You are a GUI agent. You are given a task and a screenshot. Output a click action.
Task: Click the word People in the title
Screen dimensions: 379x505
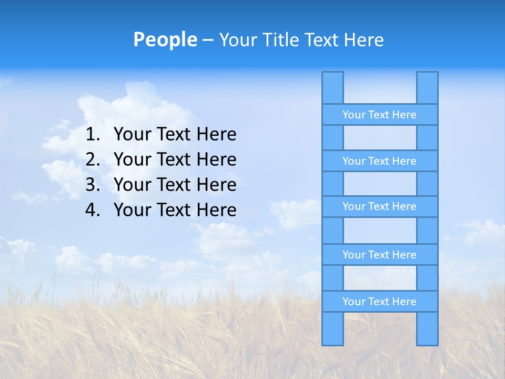(x=165, y=39)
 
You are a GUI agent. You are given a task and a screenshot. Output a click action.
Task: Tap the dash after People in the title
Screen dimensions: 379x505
(x=208, y=40)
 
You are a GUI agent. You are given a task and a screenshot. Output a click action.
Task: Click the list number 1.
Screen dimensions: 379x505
(x=92, y=135)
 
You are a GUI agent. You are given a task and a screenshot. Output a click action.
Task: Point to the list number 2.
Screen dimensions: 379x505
(x=92, y=159)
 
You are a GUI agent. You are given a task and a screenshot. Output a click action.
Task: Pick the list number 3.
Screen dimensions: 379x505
(x=92, y=185)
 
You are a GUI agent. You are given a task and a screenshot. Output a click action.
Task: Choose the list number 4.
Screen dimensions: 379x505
(x=92, y=210)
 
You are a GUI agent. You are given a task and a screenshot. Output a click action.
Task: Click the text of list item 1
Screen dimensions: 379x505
(x=175, y=135)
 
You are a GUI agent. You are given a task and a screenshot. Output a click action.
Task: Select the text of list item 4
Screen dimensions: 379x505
(x=175, y=210)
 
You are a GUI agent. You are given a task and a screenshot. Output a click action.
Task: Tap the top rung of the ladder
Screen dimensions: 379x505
(x=379, y=115)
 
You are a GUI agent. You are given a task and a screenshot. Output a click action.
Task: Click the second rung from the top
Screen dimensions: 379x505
(x=379, y=161)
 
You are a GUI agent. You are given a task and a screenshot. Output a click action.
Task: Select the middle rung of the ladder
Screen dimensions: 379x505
(x=379, y=206)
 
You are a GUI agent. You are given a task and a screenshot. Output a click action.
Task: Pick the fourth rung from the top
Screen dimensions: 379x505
(x=379, y=255)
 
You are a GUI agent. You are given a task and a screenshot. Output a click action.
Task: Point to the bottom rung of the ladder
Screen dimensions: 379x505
(x=379, y=302)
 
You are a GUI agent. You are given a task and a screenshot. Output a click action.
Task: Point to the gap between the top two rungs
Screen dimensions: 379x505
(x=379, y=138)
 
